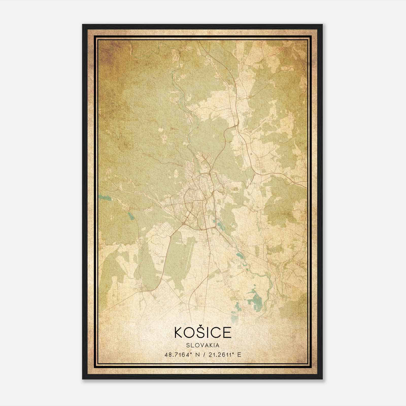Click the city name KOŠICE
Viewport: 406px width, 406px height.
(203, 332)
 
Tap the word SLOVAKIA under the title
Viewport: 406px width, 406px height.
(203, 345)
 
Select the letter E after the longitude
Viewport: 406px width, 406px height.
(239, 355)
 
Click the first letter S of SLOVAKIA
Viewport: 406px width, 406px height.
(188, 345)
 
